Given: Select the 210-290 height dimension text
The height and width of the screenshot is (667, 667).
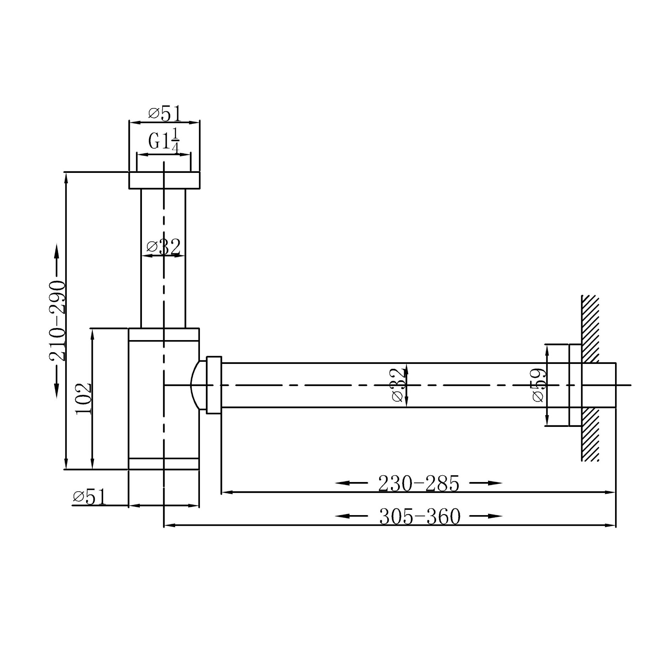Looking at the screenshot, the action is pos(58,321).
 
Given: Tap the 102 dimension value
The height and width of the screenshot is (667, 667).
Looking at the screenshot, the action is pos(84,398).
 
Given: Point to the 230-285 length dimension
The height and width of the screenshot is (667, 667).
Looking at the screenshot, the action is pos(419,483).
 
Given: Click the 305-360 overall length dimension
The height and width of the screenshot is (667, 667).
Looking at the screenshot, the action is pos(420,517).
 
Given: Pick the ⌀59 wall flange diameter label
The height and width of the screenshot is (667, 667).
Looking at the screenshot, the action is pos(539,385).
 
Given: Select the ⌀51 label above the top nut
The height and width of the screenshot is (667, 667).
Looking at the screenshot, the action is pos(165,114).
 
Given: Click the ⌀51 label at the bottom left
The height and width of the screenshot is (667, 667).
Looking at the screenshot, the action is pos(90,497).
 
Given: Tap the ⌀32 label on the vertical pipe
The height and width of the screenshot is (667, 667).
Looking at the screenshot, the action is pos(164,247).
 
